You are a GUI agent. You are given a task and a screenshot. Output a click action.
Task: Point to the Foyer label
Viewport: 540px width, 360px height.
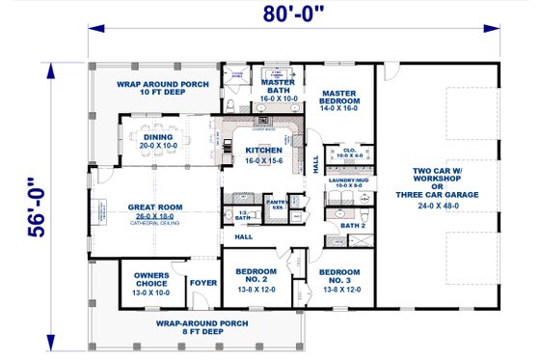pos(203,283)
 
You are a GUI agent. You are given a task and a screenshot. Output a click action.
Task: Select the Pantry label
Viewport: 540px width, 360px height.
pos(278,204)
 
